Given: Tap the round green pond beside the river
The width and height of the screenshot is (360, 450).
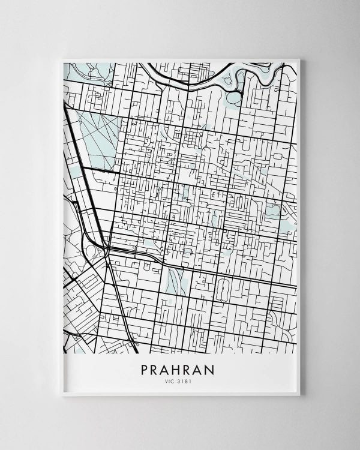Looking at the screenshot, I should coord(233,97).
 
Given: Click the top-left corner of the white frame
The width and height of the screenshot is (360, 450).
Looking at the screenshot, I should coord(62,59).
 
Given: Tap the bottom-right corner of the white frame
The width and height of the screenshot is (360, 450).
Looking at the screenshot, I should coord(299,394).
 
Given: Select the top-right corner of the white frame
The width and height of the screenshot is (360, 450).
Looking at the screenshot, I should coord(299,59).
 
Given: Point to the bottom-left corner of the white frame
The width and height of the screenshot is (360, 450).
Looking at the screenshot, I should coord(62,394).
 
